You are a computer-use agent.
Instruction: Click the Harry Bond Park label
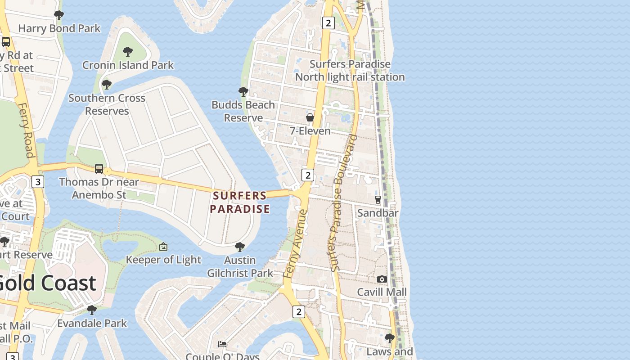pyautogui.click(x=59, y=28)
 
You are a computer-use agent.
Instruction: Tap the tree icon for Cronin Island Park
pyautogui.click(x=128, y=51)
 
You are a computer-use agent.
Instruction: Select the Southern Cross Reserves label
pyautogui.click(x=107, y=104)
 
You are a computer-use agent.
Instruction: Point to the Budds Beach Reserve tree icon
pyautogui.click(x=243, y=92)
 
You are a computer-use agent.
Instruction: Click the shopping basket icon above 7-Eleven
pyautogui.click(x=310, y=117)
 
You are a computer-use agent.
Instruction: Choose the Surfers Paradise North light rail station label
pyautogui.click(x=350, y=71)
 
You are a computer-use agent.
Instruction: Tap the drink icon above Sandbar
pyautogui.click(x=378, y=199)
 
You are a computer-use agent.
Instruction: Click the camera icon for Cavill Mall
pyautogui.click(x=382, y=279)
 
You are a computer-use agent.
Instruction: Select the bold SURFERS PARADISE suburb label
pyautogui.click(x=240, y=202)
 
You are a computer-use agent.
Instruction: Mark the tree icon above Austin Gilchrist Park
pyautogui.click(x=240, y=247)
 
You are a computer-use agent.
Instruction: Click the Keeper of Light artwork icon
pyautogui.click(x=163, y=247)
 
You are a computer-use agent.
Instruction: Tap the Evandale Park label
pyautogui.click(x=92, y=323)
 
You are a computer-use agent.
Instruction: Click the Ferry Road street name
pyautogui.click(x=26, y=130)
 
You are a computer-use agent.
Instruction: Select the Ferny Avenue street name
pyautogui.click(x=296, y=243)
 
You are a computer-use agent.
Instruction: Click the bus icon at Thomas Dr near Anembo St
pyautogui.click(x=99, y=169)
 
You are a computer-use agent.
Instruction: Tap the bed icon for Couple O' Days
pyautogui.click(x=222, y=344)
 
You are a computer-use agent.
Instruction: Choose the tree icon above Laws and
pyautogui.click(x=389, y=337)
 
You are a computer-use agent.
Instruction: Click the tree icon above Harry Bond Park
pyautogui.click(x=58, y=15)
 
